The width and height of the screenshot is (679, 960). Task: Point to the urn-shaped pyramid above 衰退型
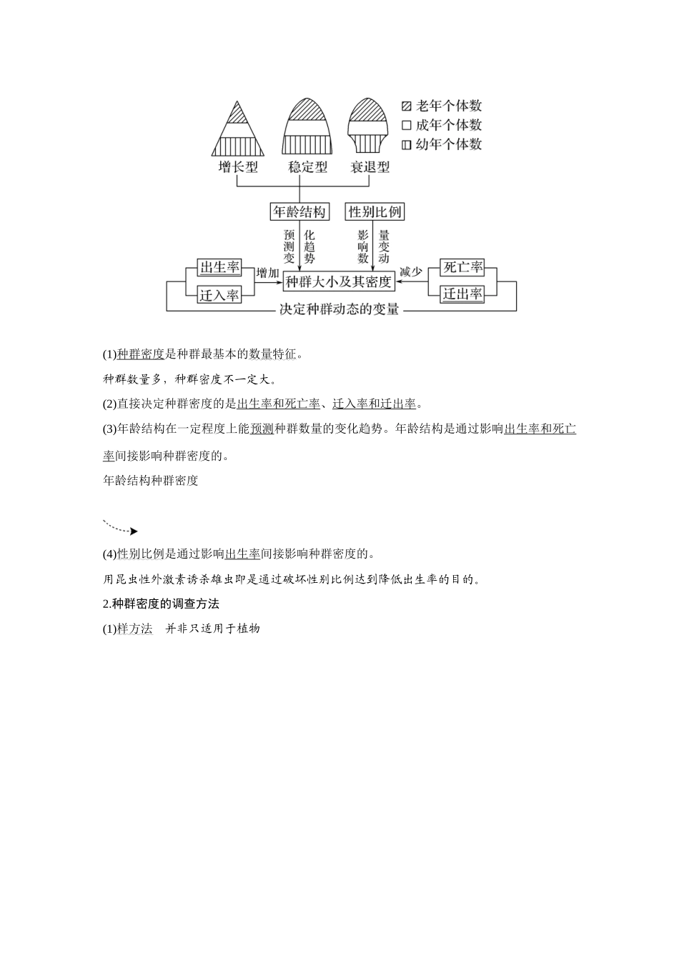point(368,126)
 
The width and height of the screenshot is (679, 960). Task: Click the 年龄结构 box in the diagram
point(299,211)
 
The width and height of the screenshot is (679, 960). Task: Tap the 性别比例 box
point(375,211)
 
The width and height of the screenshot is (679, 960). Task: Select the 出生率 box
point(219,268)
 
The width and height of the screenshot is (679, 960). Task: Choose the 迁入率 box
point(219,294)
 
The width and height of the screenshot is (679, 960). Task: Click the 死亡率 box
point(462,268)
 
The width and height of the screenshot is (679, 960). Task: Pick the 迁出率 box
point(462,294)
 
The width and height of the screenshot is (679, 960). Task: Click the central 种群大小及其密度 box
point(339,281)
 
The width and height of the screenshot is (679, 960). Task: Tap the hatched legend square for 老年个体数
point(407,106)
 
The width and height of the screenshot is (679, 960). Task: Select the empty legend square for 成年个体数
point(407,125)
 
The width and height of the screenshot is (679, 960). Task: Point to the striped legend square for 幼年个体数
point(407,144)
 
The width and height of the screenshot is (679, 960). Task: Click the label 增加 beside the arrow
point(267,273)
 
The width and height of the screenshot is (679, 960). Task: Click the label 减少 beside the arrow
point(411,272)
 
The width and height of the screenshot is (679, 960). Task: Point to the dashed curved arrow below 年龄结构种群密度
point(120,528)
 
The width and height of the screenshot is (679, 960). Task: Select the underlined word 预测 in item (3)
point(262,429)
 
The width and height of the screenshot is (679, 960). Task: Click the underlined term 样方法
point(134,629)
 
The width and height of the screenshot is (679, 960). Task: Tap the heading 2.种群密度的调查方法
point(161,604)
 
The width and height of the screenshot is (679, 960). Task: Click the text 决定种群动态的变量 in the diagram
point(339,310)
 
